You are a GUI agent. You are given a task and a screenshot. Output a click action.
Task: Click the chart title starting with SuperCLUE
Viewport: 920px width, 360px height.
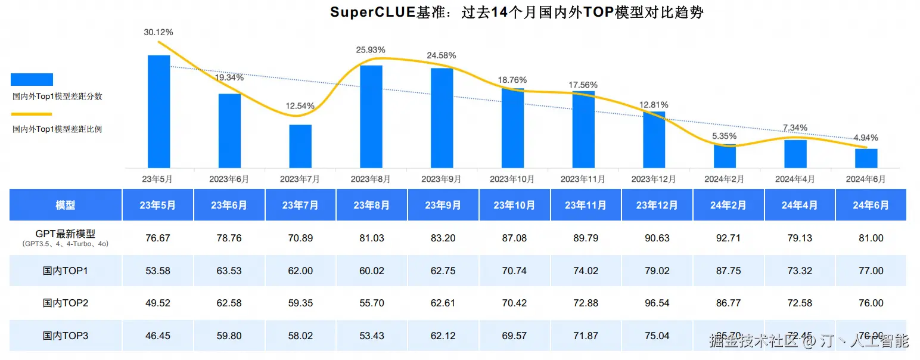click(x=517, y=13)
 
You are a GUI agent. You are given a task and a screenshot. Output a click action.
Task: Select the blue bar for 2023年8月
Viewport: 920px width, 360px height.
click(x=371, y=116)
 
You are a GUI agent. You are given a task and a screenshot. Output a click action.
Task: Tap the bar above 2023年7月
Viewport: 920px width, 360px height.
click(x=300, y=146)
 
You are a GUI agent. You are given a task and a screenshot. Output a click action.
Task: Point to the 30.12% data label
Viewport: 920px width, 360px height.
click(x=158, y=32)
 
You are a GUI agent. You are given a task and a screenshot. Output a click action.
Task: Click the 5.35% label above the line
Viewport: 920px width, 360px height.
click(x=725, y=135)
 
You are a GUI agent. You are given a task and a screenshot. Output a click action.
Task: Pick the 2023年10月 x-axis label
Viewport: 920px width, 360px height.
click(x=512, y=179)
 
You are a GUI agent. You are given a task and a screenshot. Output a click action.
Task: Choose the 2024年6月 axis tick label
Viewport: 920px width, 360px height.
click(x=866, y=179)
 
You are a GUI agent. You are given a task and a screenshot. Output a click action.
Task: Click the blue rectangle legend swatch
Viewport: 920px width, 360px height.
click(x=32, y=79)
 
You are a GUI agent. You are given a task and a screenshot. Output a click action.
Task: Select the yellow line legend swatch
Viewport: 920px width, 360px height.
click(x=32, y=114)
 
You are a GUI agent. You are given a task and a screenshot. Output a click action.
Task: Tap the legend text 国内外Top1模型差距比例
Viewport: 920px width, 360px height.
click(x=57, y=129)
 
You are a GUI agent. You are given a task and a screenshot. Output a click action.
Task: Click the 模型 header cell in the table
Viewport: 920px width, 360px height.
click(x=66, y=205)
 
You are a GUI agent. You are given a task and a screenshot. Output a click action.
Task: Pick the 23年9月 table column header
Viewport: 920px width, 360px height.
click(x=443, y=205)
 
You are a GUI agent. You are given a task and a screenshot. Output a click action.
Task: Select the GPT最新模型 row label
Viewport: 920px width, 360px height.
click(x=66, y=234)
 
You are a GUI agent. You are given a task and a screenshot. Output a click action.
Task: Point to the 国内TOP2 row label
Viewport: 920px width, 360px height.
click(x=66, y=303)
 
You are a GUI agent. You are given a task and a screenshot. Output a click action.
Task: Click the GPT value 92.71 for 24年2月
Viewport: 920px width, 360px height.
click(x=728, y=238)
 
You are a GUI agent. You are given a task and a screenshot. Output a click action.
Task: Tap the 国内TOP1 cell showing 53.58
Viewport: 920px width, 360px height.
click(x=158, y=271)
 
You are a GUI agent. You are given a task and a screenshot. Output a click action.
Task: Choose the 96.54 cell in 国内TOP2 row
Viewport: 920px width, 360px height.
click(x=657, y=303)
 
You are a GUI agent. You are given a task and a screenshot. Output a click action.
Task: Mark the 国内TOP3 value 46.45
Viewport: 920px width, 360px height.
click(x=158, y=336)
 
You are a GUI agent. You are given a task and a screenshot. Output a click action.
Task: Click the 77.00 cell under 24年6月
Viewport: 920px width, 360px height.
click(x=871, y=271)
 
